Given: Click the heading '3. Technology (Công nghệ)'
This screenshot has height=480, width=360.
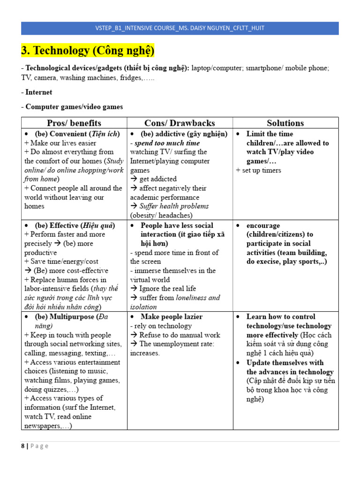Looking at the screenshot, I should (88, 51).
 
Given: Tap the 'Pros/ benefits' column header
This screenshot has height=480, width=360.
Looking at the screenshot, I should (74, 123).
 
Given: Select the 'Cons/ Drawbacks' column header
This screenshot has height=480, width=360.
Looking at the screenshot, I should (180, 123).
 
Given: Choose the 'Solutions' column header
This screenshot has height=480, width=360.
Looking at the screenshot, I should (285, 123).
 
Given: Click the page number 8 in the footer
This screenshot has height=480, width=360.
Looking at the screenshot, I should (23, 446).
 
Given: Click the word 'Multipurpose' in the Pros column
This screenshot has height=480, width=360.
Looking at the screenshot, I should (70, 317).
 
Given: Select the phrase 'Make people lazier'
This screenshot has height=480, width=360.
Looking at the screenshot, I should (172, 317).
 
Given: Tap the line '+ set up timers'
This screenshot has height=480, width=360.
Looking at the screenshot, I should (259, 170).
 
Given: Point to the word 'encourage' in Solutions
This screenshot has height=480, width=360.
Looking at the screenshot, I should (263, 225).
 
